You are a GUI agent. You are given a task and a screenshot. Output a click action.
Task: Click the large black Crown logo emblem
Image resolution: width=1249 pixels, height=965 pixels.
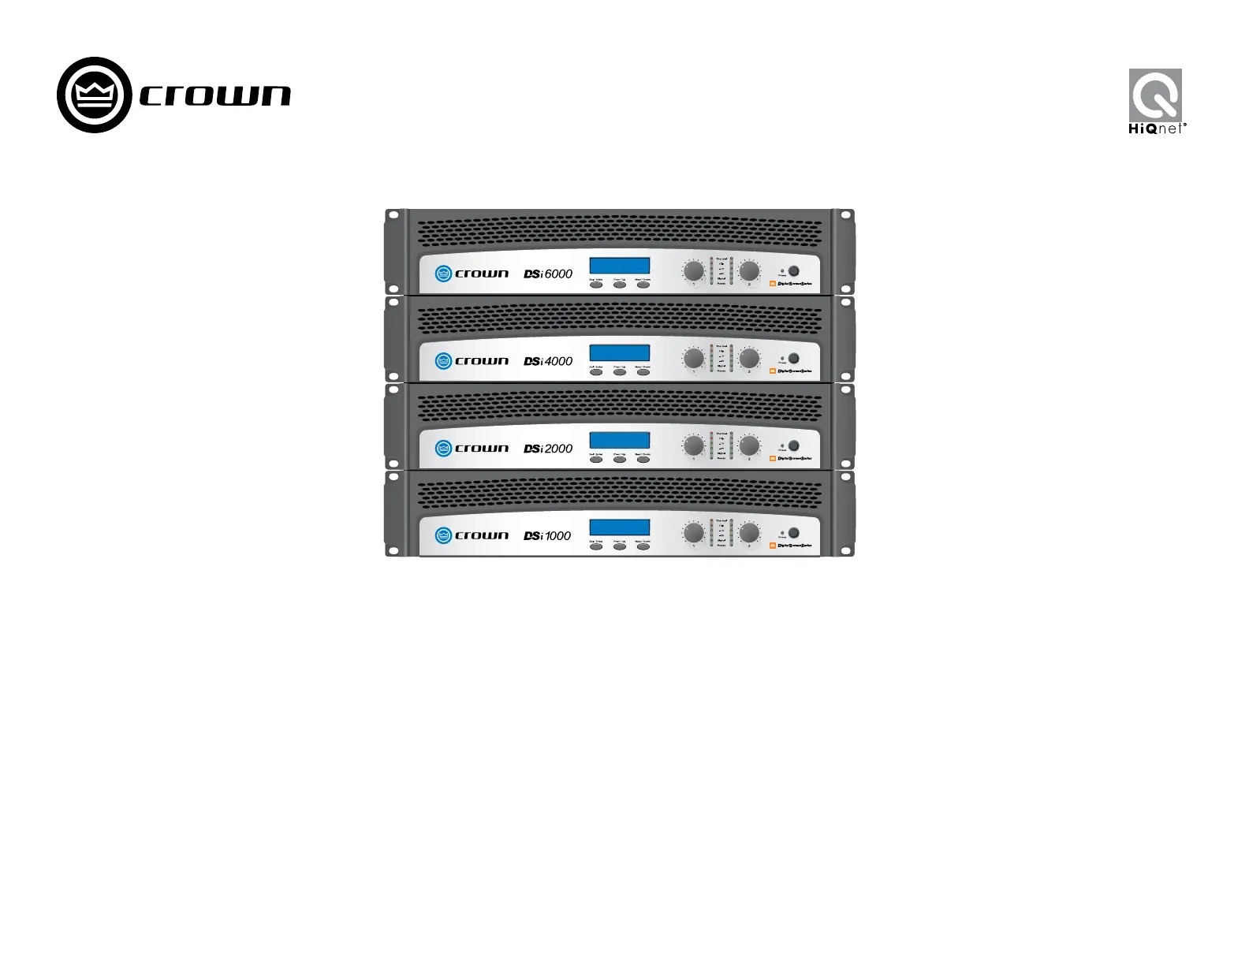point(94,95)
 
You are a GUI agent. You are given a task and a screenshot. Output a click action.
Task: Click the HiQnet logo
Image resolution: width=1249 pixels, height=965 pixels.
point(1156,101)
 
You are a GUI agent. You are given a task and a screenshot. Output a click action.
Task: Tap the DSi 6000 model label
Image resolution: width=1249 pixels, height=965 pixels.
point(548,274)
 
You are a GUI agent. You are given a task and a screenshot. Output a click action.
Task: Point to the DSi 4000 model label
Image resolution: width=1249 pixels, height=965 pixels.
point(548,361)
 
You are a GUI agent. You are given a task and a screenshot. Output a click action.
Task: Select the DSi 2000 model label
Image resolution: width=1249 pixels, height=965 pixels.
point(548,449)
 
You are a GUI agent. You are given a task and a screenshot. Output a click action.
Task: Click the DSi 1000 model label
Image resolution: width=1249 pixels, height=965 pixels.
point(547,536)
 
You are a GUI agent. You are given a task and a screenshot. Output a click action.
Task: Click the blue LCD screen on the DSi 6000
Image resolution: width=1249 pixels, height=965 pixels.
point(620,266)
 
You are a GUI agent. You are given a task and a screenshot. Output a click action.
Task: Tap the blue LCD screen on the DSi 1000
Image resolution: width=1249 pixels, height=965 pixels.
point(620,527)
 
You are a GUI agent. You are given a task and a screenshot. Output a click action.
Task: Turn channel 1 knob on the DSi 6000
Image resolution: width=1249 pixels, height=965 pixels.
point(694,271)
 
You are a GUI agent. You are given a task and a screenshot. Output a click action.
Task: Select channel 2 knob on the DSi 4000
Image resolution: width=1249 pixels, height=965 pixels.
point(749,359)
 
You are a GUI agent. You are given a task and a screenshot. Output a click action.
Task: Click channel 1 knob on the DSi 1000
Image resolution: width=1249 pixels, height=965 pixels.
point(694,533)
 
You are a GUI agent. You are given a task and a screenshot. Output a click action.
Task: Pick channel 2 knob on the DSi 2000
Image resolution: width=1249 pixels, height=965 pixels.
point(749,446)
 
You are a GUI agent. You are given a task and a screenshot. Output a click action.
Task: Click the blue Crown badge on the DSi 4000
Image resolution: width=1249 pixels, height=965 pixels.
point(443,361)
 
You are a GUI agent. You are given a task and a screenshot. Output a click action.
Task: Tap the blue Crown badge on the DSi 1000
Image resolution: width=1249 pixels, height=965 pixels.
point(443,535)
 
